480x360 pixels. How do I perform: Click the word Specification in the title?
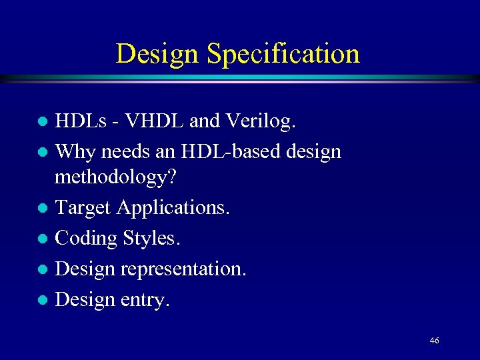[283, 54]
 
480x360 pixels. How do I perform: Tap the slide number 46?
[434, 341]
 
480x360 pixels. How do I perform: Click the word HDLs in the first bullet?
[80, 121]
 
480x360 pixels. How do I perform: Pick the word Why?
[73, 151]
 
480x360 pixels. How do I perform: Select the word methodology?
[115, 178]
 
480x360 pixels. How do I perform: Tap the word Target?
[83, 208]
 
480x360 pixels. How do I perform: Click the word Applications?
[173, 208]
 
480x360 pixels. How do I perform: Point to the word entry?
[145, 299]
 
